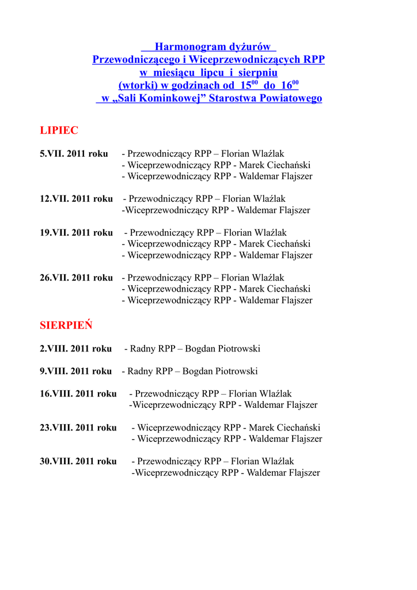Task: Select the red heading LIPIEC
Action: click(59, 131)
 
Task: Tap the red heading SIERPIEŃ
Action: click(66, 326)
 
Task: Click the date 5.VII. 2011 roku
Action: click(74, 154)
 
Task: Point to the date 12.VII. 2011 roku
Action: click(76, 199)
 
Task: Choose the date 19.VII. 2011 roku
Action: click(76, 233)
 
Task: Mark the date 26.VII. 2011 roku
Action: click(76, 278)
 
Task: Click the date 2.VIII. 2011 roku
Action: click(75, 349)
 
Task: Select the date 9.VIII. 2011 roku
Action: click(75, 371)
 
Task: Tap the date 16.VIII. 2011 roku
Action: click(78, 394)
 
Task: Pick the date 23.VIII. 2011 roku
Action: click(78, 428)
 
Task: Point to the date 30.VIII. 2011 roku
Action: click(78, 462)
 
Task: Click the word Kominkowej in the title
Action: click(173, 99)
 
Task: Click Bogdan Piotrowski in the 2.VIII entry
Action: click(223, 349)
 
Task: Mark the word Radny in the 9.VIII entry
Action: click(141, 371)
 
